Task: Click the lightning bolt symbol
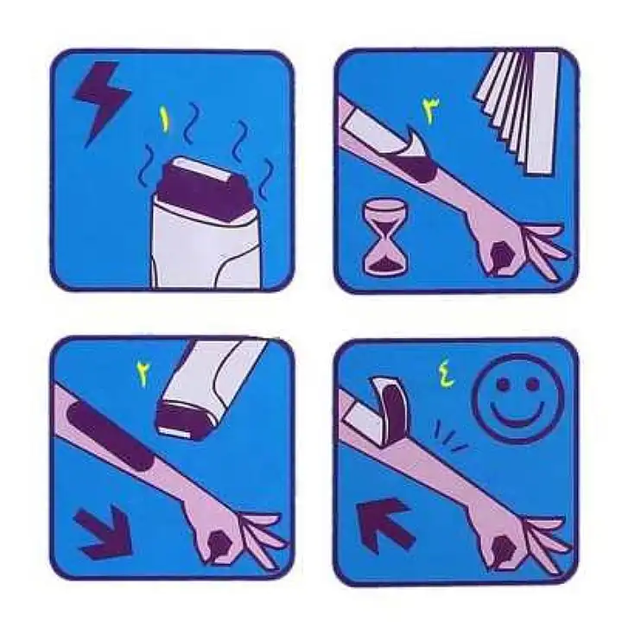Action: click(x=102, y=99)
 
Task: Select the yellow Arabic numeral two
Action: click(x=143, y=374)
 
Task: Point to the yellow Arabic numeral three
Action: click(x=430, y=111)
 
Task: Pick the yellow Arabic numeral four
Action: click(x=447, y=375)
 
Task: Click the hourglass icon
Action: click(x=384, y=238)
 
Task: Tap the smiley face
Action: click(x=517, y=399)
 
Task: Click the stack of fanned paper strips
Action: click(x=517, y=111)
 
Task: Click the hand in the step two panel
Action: click(x=234, y=536)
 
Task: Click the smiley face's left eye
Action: click(x=503, y=384)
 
